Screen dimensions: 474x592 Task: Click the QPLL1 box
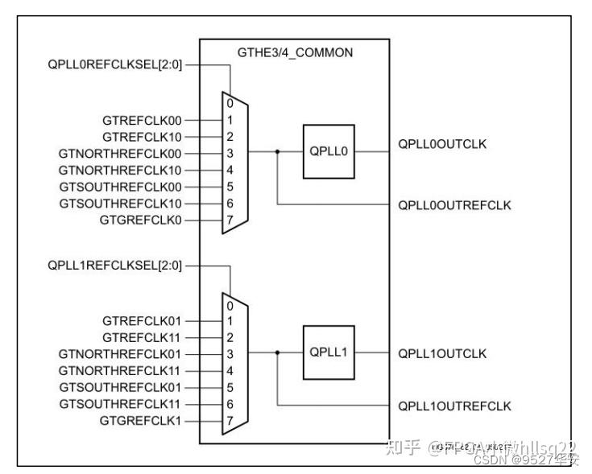[x=328, y=352]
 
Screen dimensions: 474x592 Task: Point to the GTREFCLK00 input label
[x=142, y=120]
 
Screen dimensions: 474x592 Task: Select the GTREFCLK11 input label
[x=142, y=337]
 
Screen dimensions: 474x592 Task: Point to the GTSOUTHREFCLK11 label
[x=121, y=403]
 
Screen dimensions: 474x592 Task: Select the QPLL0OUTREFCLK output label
[x=454, y=204]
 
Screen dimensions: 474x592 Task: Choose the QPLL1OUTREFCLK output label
[x=454, y=406]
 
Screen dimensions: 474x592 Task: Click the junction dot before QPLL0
[x=277, y=151]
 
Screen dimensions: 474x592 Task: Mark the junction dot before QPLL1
[x=277, y=352]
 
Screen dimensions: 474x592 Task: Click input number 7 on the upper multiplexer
[x=230, y=219]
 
